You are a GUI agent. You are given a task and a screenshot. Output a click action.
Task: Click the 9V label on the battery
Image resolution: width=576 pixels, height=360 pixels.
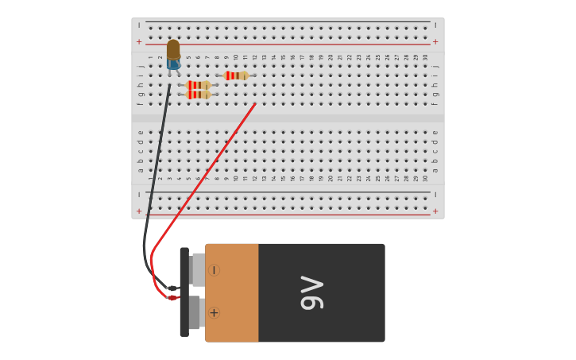tap(312, 292)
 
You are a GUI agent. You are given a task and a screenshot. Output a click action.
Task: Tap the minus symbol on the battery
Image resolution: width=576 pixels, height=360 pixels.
tap(214, 270)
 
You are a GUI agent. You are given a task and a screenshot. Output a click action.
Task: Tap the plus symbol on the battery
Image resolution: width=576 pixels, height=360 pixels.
tap(214, 313)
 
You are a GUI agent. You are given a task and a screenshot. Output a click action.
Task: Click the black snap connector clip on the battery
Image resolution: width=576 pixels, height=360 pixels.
tap(184, 292)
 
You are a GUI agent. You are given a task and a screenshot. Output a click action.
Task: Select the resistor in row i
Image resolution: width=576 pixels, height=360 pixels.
tap(236, 75)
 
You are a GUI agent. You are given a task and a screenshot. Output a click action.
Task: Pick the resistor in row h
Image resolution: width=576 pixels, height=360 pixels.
tap(198, 85)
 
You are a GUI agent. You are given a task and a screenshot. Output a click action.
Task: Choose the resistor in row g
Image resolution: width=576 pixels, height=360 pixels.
tap(198, 95)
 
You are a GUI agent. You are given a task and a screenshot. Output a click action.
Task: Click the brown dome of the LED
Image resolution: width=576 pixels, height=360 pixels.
tap(173, 49)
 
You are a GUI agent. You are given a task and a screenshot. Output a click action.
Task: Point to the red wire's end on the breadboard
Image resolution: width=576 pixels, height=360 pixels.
tap(254, 104)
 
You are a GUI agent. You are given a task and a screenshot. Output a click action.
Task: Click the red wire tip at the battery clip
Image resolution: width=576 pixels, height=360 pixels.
tap(172, 298)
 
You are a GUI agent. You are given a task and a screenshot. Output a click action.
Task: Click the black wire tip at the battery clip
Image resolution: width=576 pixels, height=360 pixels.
tap(172, 288)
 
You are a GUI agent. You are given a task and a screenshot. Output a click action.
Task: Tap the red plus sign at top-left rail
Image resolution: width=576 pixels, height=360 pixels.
tap(139, 41)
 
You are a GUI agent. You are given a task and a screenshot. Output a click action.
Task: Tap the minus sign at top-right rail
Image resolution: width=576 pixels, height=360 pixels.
tap(435, 25)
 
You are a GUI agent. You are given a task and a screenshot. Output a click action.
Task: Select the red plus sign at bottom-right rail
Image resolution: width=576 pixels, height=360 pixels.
tap(435, 211)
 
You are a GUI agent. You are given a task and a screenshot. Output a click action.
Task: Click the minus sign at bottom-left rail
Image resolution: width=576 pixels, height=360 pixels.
tap(139, 195)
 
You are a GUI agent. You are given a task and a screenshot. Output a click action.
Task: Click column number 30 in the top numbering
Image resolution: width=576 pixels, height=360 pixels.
tap(425, 57)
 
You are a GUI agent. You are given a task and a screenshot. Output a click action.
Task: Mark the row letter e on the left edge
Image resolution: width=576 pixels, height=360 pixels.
tap(141, 133)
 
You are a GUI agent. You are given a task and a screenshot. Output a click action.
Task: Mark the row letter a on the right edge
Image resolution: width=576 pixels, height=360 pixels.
tap(435, 170)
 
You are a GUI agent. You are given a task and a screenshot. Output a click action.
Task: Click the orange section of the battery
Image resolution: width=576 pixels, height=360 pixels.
tap(232, 292)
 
